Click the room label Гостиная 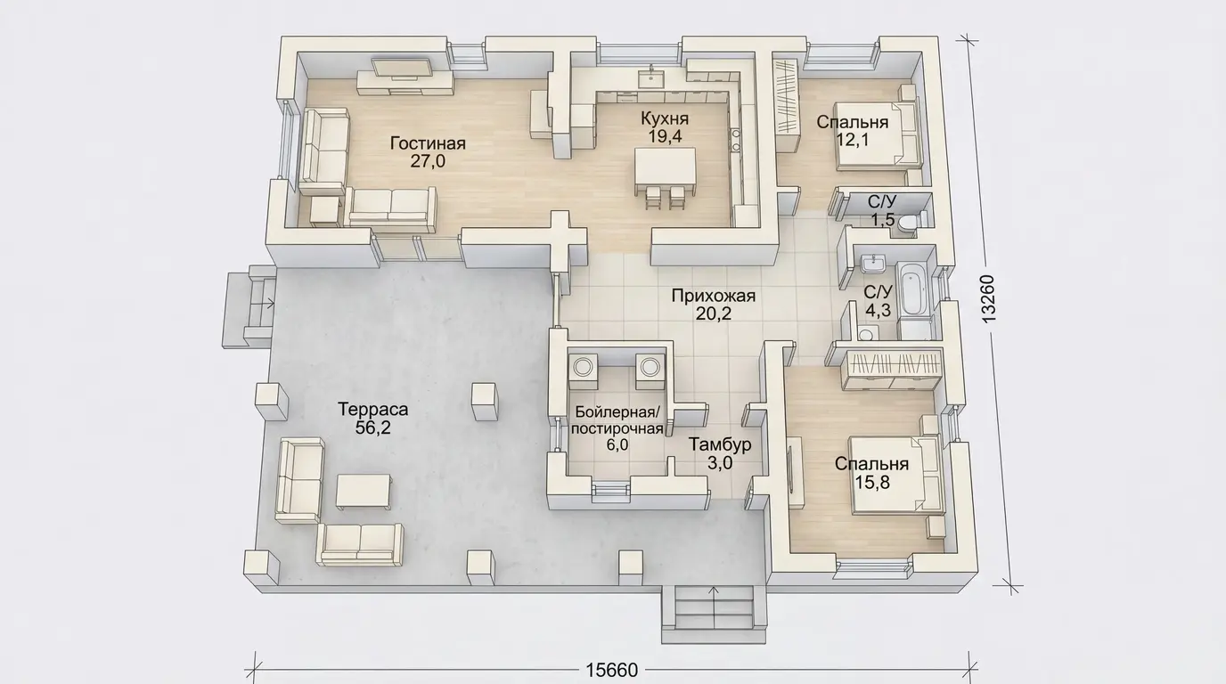[x=428, y=143]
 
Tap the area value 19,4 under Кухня [x=665, y=136]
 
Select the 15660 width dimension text [x=612, y=671]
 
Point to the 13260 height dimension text [x=988, y=298]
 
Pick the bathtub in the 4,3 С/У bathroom [x=914, y=289]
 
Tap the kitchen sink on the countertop [x=650, y=78]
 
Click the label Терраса [x=372, y=410]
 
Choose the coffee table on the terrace [x=364, y=491]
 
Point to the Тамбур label [x=720, y=444]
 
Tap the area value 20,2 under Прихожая [x=714, y=313]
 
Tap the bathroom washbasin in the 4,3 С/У [x=872, y=265]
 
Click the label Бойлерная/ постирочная [x=617, y=419]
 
